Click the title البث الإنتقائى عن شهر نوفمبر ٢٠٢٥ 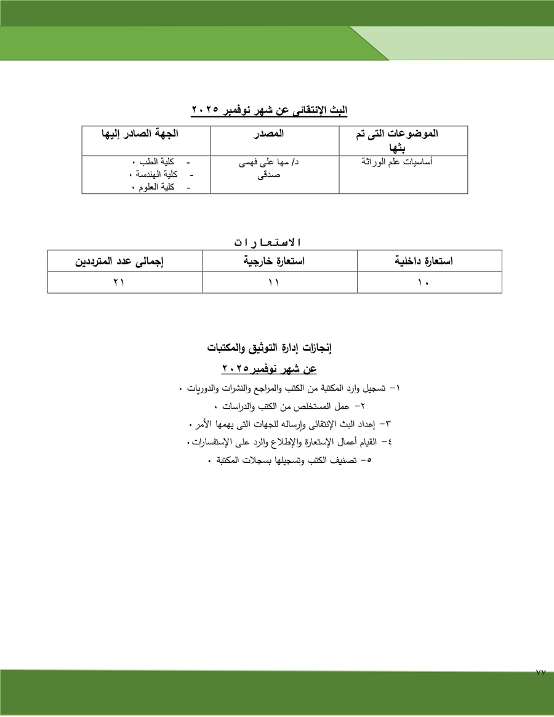[x=269, y=110]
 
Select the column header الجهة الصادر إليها [x=144, y=134]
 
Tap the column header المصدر [x=269, y=134]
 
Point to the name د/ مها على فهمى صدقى [x=269, y=168]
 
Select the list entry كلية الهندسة [x=153, y=175]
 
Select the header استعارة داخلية [x=424, y=262]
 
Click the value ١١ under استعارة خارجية [x=273, y=282]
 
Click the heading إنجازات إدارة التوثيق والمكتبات [x=270, y=348]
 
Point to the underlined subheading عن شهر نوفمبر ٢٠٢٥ [x=269, y=369]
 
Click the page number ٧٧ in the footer [x=540, y=673]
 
